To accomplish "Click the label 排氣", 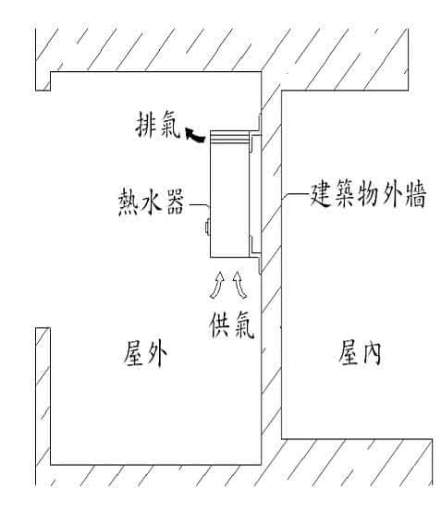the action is [x=158, y=125].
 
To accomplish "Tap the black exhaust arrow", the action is [x=194, y=135].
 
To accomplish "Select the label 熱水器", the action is [x=152, y=201].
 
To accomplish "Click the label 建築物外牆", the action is [x=368, y=194].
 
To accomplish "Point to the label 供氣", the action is [x=232, y=324].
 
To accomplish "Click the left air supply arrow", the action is [x=217, y=285].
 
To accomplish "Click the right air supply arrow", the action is [x=239, y=285].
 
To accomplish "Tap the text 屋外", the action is [x=145, y=354].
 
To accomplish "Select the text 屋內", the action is [x=360, y=352].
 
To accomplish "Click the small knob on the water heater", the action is [x=207, y=227].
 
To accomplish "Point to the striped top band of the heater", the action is [x=229, y=138].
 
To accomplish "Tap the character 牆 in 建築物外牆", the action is [x=416, y=194].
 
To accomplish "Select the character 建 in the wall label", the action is [x=321, y=194].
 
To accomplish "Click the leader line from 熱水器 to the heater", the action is [x=200, y=205].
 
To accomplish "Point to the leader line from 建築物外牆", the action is [x=295, y=194].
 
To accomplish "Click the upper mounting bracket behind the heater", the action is [x=255, y=142].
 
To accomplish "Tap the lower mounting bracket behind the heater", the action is [x=255, y=245].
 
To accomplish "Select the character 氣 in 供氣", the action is [x=244, y=324].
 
